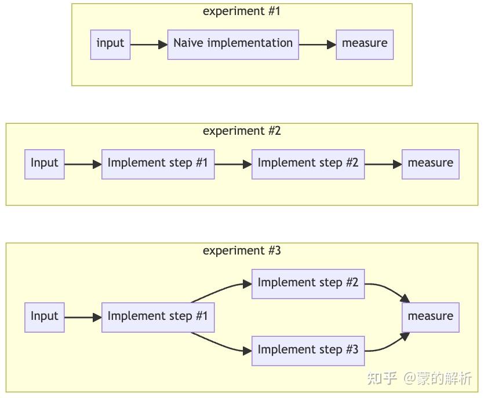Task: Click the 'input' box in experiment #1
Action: tap(110, 44)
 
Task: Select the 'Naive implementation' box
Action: tap(233, 44)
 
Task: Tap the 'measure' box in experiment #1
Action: tap(365, 44)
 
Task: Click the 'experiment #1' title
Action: tap(242, 11)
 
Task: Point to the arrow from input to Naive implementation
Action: tap(148, 44)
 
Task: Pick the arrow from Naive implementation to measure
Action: tap(317, 44)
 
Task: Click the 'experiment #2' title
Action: tap(242, 131)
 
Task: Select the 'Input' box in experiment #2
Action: tap(45, 164)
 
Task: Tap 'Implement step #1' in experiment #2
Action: tap(158, 164)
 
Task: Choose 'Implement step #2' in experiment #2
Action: tap(308, 164)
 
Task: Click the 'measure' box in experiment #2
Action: tap(430, 164)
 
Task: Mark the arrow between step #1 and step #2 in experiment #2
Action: tap(233, 164)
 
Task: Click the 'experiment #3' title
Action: tap(242, 250)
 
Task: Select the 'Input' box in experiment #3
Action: tap(45, 317)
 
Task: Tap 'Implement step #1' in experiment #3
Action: tap(158, 317)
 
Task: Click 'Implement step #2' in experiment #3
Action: tap(308, 283)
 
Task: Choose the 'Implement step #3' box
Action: tap(308, 351)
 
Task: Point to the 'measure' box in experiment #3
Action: tap(430, 317)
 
